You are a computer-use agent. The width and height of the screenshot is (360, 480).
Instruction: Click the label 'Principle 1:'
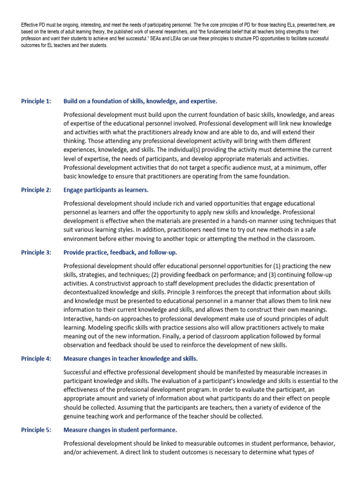(x=36, y=101)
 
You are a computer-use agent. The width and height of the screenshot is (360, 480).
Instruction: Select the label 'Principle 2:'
(x=36, y=190)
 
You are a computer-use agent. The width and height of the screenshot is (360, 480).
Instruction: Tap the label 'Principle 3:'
(x=36, y=252)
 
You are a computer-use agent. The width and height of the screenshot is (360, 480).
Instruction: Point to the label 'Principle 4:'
(x=36, y=359)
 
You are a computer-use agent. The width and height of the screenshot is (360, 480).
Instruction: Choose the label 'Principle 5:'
(x=36, y=429)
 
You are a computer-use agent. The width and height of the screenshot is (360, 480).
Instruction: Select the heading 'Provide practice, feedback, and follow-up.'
(x=120, y=252)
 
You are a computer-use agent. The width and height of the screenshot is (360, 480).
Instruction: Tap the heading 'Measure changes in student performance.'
(x=120, y=429)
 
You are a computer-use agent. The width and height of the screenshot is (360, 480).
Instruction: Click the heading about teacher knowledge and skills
(x=130, y=359)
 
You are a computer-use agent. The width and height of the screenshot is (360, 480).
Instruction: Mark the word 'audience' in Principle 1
(x=271, y=168)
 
